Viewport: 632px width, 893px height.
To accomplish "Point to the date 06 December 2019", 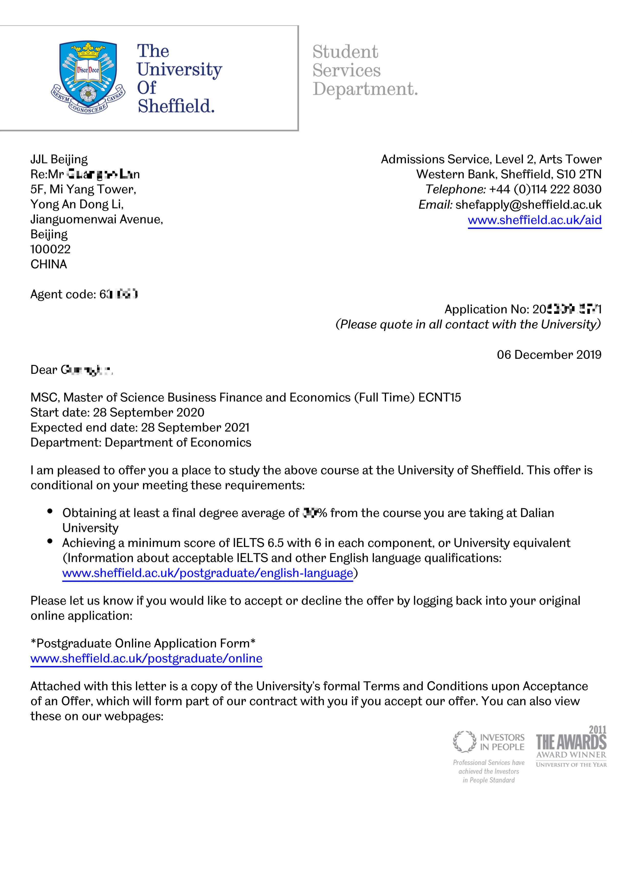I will click(x=549, y=355).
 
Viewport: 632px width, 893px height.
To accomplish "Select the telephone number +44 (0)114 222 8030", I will click(x=545, y=189).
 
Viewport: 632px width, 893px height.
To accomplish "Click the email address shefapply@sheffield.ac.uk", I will click(x=528, y=205).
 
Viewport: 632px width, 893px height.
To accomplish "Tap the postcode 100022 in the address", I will click(x=51, y=249).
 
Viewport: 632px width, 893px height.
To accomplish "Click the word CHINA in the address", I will click(x=49, y=265).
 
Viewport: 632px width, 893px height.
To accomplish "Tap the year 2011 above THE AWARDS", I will click(x=597, y=730).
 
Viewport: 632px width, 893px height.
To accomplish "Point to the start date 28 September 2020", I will click(x=148, y=412).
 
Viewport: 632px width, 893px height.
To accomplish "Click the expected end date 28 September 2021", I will click(x=195, y=427).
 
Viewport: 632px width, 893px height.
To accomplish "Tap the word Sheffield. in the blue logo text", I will click(x=176, y=106).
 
